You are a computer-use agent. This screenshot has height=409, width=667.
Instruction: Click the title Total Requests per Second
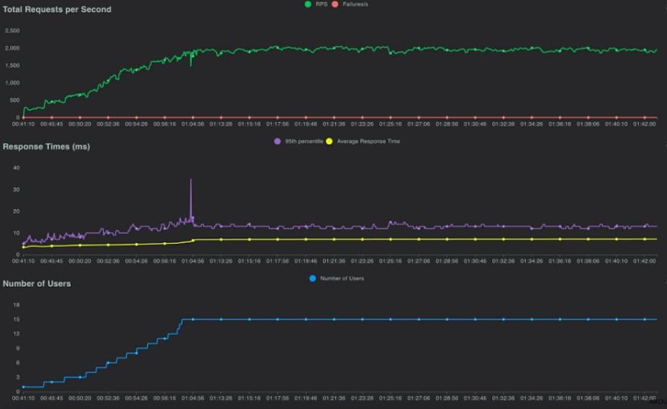57,9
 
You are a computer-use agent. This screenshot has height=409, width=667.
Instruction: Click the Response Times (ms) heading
46,146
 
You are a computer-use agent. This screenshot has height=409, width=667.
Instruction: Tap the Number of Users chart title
36,284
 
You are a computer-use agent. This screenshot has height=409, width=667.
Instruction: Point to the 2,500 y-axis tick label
12,30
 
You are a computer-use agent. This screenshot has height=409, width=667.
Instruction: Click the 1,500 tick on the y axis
12,65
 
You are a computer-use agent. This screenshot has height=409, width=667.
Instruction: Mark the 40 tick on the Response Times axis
17,167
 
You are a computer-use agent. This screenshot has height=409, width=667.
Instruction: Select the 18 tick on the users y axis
17,305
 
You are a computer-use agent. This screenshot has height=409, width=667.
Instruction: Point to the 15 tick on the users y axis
17,319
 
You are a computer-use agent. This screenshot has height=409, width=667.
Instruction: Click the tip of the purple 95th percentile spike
191,179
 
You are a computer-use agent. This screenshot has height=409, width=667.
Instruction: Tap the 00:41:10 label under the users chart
23,398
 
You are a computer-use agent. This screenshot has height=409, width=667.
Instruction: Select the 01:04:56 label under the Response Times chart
193,261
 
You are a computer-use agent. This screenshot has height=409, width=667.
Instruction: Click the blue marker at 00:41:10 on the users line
23,387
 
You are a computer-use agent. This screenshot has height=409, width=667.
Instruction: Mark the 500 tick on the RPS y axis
14,99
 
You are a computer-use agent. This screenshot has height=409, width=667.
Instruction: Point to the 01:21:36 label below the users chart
334,398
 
